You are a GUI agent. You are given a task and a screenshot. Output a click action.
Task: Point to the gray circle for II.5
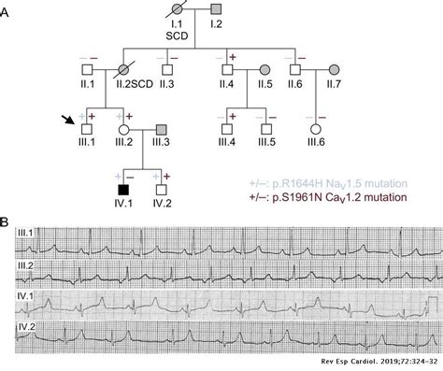tap(266, 71)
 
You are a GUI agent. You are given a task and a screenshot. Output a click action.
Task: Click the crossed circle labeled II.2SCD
tap(122, 71)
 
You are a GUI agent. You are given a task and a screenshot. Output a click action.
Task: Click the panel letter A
tap(8, 8)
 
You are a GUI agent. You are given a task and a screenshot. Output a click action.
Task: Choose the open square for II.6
tap(298, 71)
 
